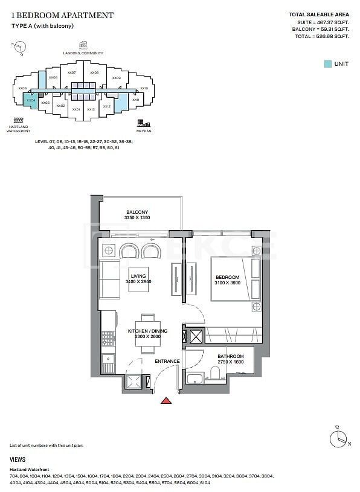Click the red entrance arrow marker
(x=167, y=400)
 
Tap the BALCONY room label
(x=137, y=212)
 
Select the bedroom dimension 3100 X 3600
(x=228, y=284)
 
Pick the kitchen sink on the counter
(x=108, y=363)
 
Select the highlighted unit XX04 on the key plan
(x=30, y=100)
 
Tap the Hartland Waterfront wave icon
(x=18, y=120)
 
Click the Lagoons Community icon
(x=83, y=45)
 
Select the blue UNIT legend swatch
(x=327, y=63)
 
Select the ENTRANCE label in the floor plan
(x=167, y=362)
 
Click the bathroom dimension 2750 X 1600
(x=230, y=362)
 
